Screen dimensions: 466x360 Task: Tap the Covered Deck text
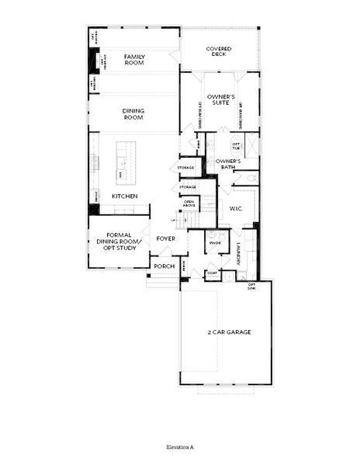point(220,52)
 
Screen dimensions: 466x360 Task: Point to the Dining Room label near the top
point(133,114)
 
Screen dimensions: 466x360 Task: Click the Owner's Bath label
point(230,164)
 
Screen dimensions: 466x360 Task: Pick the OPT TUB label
point(238,146)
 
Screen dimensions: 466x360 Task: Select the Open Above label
point(189,204)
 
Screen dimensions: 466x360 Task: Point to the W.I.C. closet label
point(237,208)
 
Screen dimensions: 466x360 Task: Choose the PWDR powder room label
point(215,243)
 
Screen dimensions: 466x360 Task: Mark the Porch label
point(164,266)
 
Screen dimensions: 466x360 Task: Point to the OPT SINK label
point(251,286)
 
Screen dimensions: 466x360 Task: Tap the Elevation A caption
point(179,448)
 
